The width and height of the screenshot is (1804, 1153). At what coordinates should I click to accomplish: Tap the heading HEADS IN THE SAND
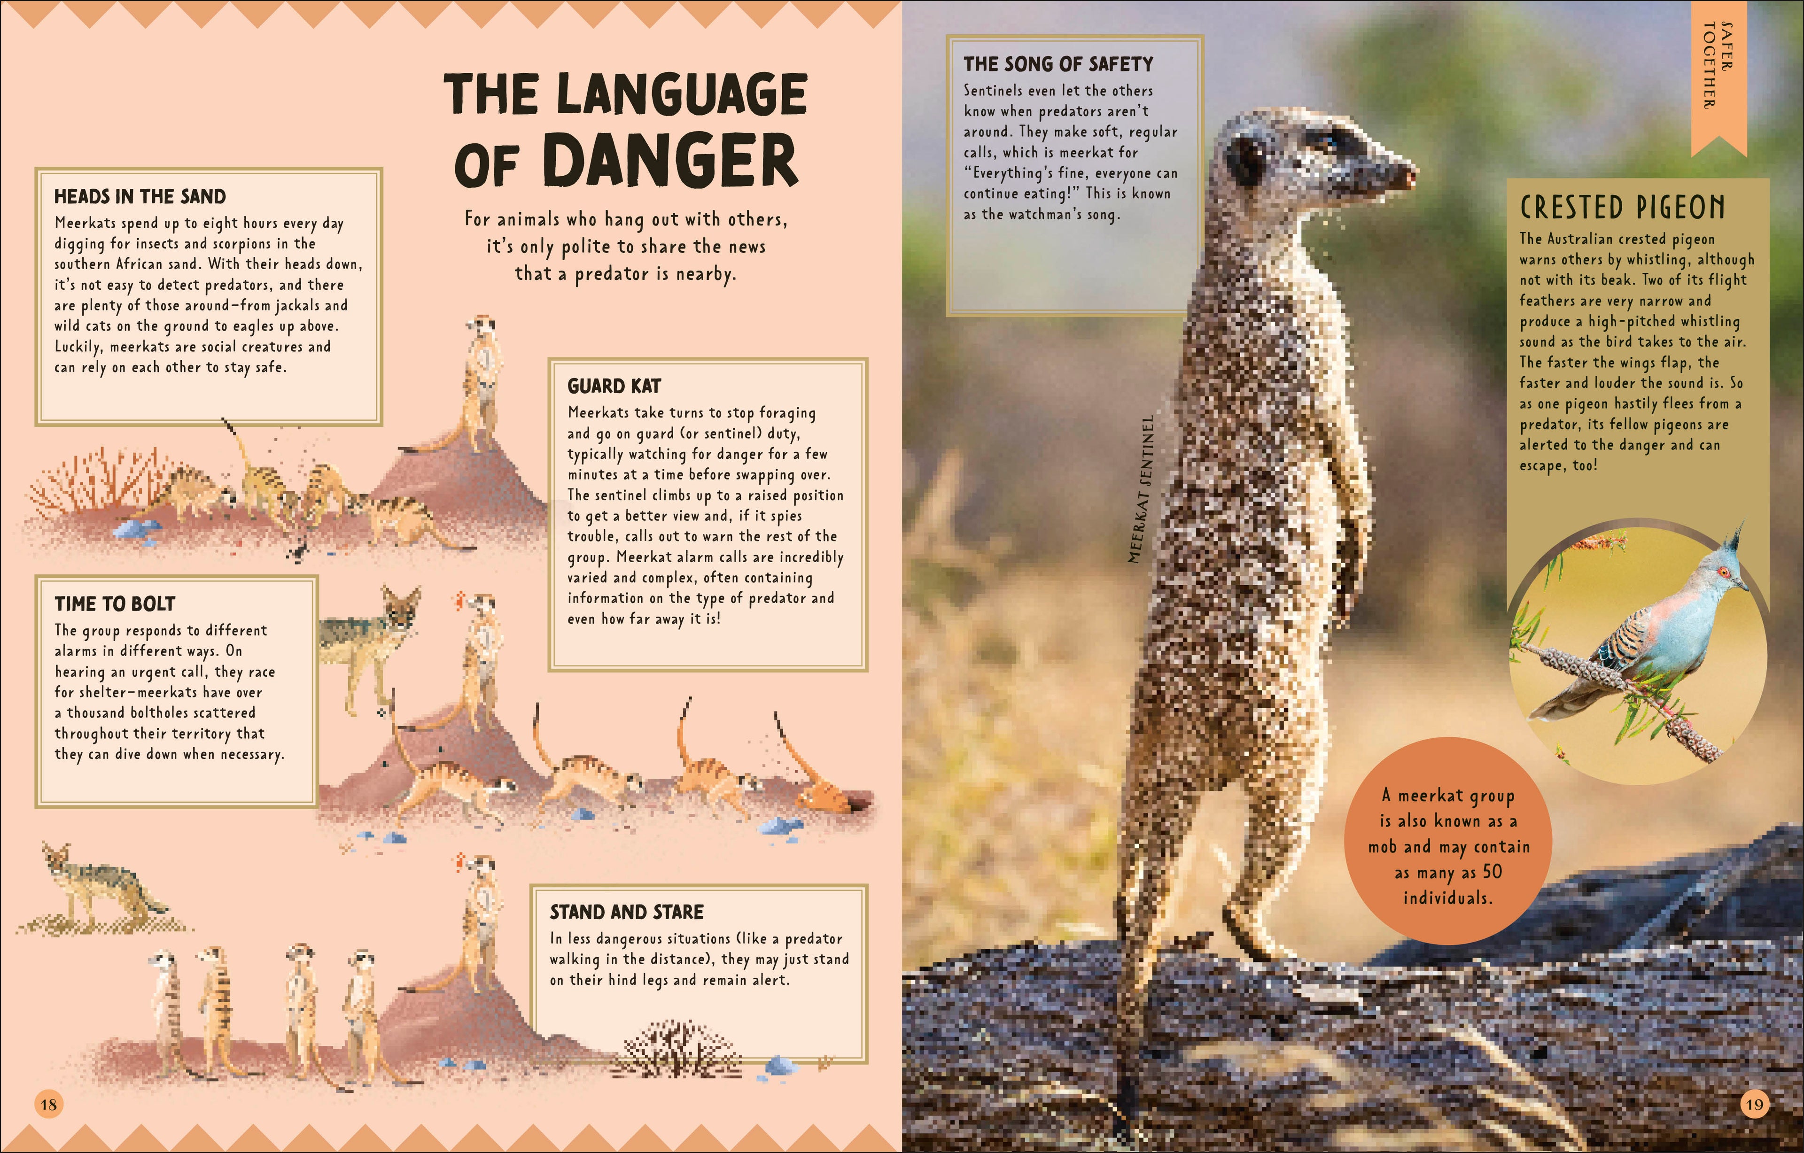coord(140,196)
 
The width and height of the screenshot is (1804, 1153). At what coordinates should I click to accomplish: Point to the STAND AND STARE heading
coord(626,912)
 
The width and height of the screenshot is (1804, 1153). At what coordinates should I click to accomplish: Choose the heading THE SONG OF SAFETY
coord(1058,64)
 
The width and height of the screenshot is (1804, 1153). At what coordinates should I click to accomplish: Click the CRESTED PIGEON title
coord(1622,208)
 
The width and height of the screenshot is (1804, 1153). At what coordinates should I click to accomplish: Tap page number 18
coord(49,1104)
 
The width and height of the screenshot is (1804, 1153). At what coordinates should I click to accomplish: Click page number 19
coord(1754,1104)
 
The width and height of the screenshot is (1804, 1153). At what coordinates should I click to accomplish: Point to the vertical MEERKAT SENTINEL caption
coord(1141,491)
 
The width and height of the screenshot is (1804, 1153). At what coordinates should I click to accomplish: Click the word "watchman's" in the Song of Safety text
coord(1043,214)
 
